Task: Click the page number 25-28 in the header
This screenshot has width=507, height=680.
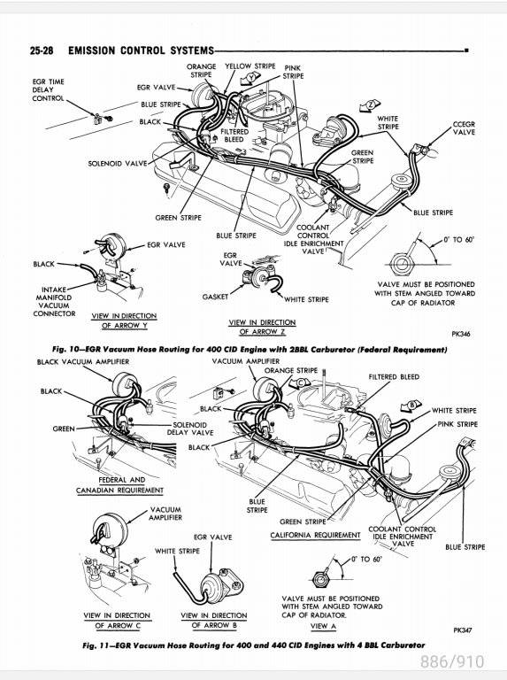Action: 42,50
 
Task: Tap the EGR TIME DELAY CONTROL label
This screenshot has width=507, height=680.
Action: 48,89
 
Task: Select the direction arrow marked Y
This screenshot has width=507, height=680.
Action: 250,79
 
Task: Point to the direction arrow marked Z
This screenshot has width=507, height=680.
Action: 370,105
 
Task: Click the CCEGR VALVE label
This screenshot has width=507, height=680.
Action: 464,127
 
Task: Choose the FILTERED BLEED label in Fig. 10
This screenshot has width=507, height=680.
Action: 234,135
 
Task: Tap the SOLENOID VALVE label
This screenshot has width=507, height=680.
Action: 118,164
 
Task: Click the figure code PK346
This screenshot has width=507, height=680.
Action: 461,334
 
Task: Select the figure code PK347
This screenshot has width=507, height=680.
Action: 463,630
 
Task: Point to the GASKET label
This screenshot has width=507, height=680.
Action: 215,297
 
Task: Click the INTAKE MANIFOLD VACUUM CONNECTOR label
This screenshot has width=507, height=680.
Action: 54,301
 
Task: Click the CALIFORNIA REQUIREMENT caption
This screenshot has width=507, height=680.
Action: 316,535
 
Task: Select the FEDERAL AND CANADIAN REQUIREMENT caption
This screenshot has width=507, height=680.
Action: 120,485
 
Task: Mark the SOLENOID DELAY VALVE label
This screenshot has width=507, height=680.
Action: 190,429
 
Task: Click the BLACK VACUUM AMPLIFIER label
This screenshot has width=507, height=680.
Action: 83,361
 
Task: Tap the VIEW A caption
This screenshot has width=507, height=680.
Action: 323,626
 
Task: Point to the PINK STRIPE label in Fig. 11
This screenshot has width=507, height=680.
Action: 457,424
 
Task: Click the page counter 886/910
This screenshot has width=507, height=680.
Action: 452,661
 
